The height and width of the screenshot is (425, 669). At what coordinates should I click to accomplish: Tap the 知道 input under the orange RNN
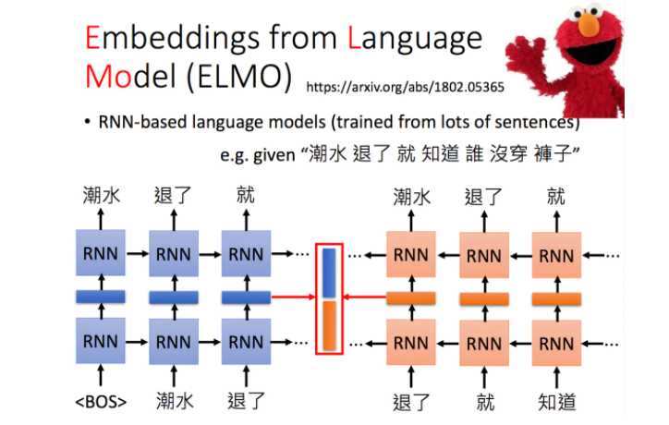tap(554, 401)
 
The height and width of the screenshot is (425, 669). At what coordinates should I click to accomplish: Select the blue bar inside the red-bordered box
tap(330, 272)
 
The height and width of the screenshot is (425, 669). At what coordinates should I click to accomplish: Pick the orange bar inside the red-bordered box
tap(330, 324)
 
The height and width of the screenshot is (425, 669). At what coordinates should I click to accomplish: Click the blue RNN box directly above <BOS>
tap(99, 341)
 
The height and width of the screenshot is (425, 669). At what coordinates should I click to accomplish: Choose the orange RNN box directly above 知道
tap(554, 341)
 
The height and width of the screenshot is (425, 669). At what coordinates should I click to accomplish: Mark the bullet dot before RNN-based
tap(86, 122)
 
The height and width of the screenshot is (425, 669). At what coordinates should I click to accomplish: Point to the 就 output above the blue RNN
tap(246, 196)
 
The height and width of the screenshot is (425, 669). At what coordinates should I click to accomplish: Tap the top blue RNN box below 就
tap(246, 252)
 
